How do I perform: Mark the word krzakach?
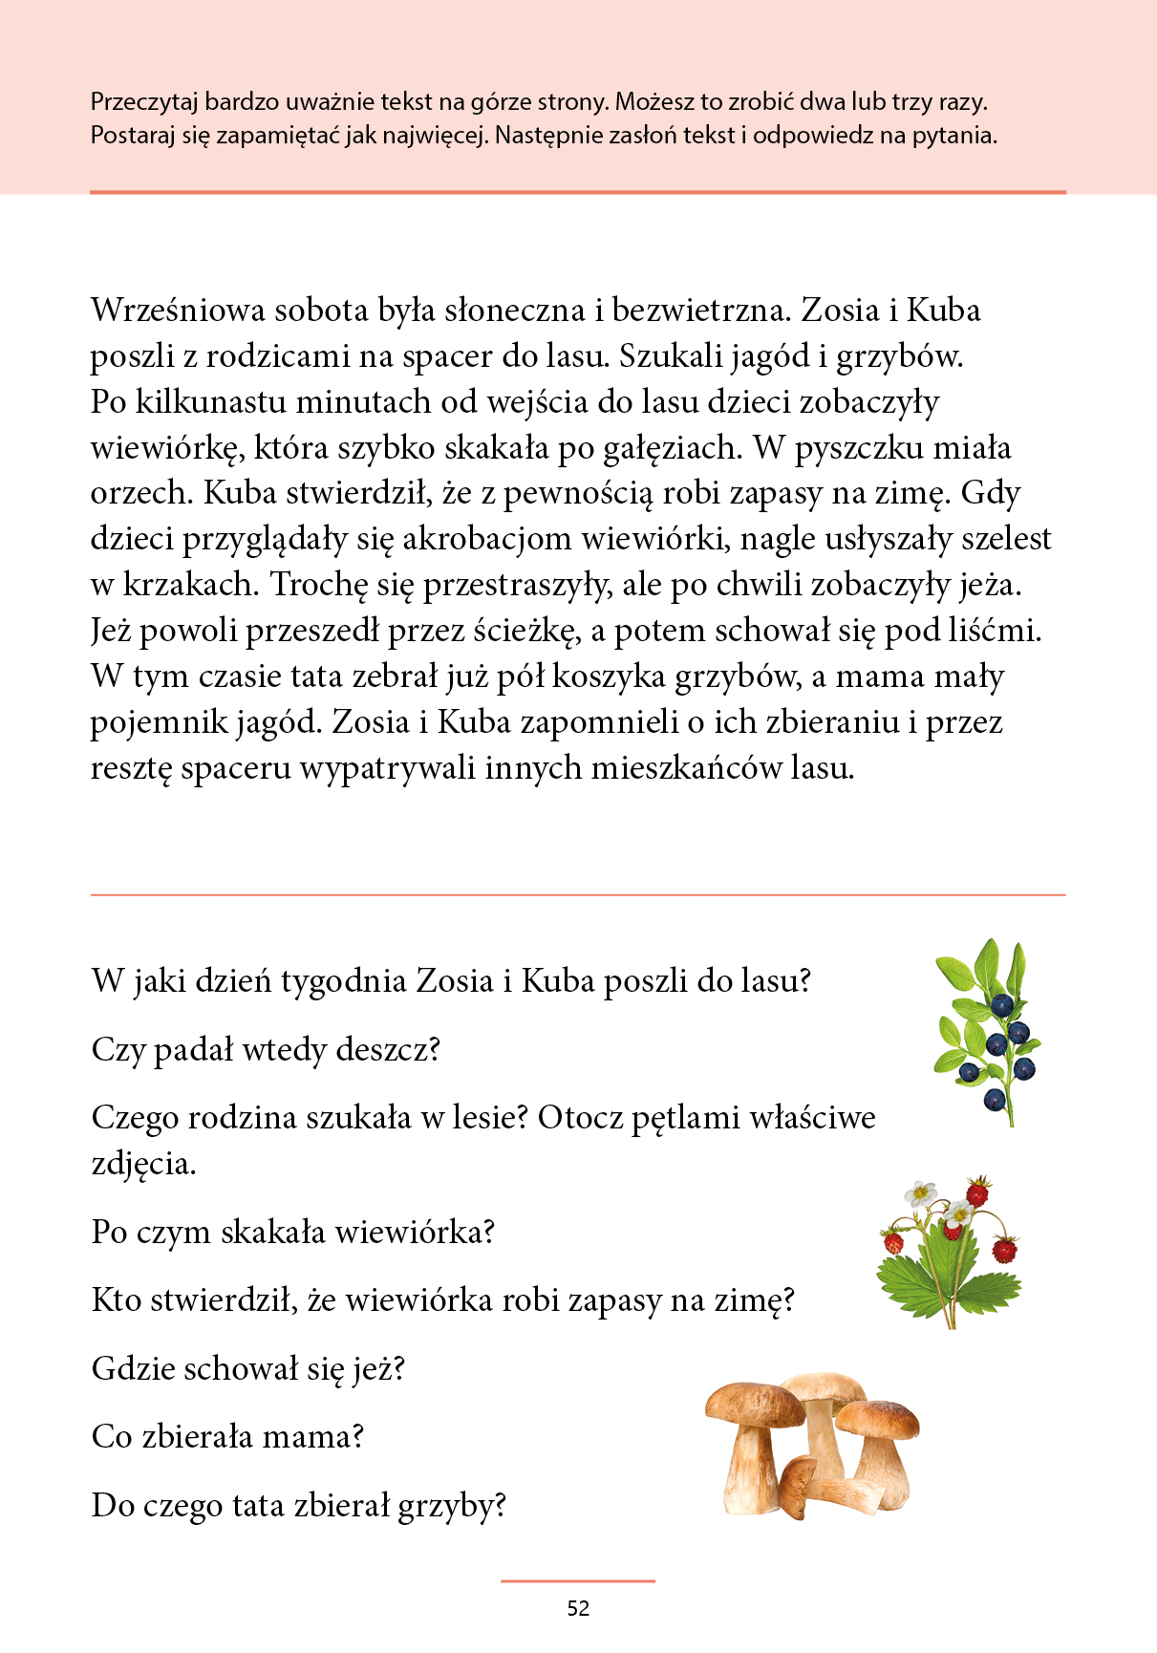(x=191, y=585)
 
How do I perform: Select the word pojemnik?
(x=159, y=723)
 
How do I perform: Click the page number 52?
(x=578, y=1608)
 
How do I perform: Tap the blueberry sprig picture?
(x=989, y=1032)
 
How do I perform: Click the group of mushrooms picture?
(x=812, y=1443)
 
